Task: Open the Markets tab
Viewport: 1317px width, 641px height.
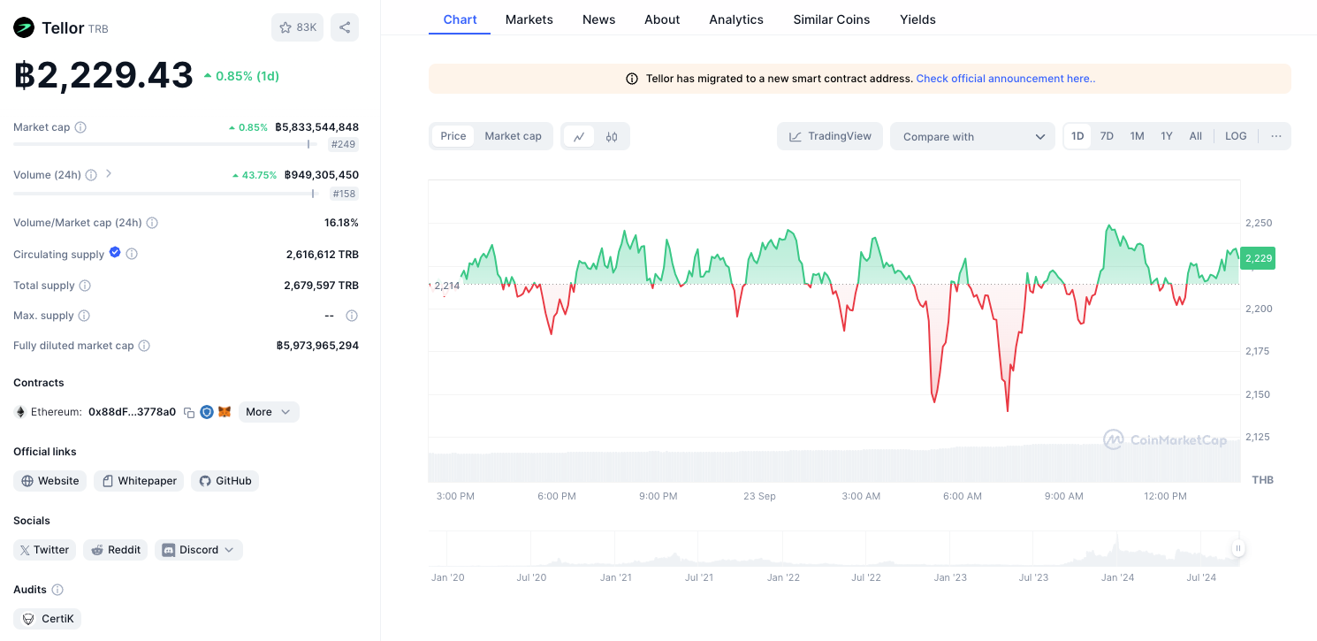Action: tap(529, 19)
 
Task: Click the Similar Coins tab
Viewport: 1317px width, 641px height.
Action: tap(832, 19)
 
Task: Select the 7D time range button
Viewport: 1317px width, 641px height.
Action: tap(1107, 136)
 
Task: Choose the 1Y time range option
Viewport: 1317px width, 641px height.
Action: tap(1167, 136)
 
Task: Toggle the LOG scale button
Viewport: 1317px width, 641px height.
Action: tap(1236, 136)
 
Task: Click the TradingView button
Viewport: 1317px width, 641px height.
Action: tap(830, 136)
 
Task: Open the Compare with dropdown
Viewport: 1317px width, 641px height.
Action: tap(972, 136)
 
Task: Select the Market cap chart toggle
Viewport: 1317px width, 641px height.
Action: tap(513, 136)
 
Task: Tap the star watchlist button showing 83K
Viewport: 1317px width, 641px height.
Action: tap(298, 27)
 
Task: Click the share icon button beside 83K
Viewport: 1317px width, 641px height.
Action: tap(345, 27)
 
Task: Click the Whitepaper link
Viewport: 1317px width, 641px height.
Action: tap(139, 480)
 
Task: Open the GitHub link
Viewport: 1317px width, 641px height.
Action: tap(225, 480)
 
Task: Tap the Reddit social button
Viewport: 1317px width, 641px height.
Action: tap(115, 550)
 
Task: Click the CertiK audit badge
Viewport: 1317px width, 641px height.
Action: tap(47, 619)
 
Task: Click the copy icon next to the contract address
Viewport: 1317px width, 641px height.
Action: tap(189, 412)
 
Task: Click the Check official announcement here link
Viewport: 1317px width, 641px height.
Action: tap(1005, 78)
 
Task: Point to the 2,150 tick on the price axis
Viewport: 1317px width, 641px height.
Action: tap(1259, 394)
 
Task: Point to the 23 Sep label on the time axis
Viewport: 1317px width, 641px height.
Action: tap(759, 496)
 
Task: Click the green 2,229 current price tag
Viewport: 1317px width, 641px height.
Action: tap(1258, 258)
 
